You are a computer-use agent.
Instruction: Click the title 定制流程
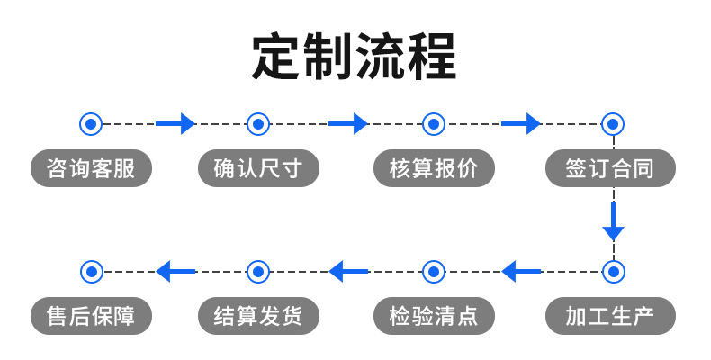click(355, 58)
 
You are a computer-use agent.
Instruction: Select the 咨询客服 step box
click(91, 168)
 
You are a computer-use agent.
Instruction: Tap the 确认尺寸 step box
click(258, 168)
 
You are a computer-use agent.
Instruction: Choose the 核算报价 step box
click(434, 168)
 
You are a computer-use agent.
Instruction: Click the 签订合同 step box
click(610, 168)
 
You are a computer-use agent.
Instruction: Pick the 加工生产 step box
click(610, 316)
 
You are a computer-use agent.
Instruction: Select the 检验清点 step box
click(434, 316)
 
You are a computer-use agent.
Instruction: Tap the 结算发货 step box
click(258, 316)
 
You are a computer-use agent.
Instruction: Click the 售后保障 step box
click(91, 316)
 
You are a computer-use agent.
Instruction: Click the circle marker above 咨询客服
click(91, 123)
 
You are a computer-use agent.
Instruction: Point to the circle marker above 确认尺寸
click(258, 123)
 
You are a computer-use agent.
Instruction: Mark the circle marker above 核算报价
click(434, 123)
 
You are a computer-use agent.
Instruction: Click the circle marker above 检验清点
click(434, 270)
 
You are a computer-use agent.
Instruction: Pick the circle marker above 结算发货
click(258, 270)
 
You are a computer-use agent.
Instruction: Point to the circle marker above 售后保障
click(91, 270)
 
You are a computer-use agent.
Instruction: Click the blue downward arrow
click(613, 221)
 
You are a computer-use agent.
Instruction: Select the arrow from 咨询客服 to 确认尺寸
click(175, 123)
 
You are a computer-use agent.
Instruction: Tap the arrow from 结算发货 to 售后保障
click(175, 270)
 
